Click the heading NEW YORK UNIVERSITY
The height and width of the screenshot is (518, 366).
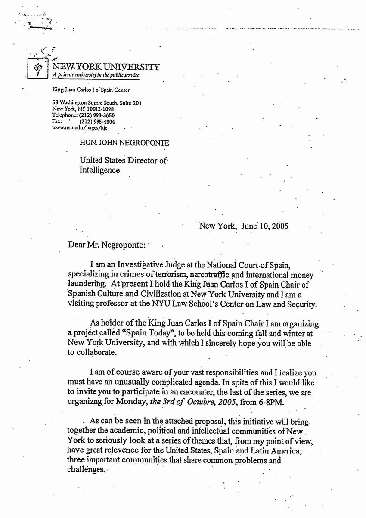coord(106,67)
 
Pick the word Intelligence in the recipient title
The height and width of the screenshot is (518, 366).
coord(99,170)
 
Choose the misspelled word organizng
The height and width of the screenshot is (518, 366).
coord(86,402)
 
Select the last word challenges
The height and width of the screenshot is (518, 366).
coord(86,469)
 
